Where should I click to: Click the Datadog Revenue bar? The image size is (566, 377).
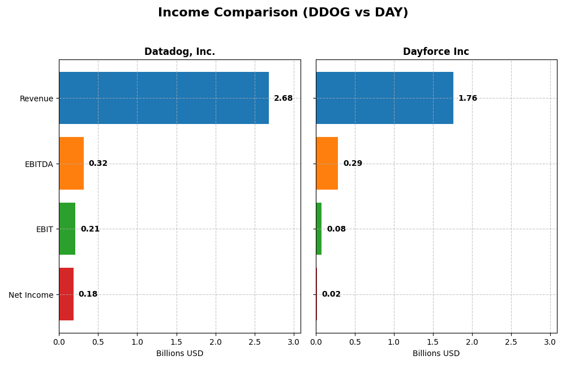(164, 98)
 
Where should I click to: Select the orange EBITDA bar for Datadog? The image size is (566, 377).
(71, 164)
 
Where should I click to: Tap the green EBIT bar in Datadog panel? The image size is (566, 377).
(67, 229)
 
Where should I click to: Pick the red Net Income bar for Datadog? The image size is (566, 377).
(66, 294)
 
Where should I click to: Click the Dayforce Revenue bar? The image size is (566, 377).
(384, 98)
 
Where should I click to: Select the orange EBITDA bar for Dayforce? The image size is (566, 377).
(327, 164)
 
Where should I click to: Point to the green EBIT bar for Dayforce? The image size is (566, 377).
(319, 229)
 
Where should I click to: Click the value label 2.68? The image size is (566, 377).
(283, 98)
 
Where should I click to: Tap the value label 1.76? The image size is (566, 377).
(468, 98)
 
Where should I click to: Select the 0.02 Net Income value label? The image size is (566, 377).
(331, 294)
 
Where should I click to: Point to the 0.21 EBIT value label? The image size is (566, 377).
(90, 229)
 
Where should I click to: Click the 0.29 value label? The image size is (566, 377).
(353, 164)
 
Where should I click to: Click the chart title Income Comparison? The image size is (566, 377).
(283, 12)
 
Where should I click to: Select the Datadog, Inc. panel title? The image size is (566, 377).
(179, 52)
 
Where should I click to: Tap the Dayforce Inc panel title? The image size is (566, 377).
(436, 52)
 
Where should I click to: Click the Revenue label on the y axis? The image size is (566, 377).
(36, 98)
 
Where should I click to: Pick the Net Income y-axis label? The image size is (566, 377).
(31, 295)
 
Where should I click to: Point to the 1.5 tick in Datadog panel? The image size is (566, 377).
(176, 342)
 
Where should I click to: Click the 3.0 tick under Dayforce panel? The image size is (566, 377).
(550, 342)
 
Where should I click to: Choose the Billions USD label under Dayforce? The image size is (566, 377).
(436, 354)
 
